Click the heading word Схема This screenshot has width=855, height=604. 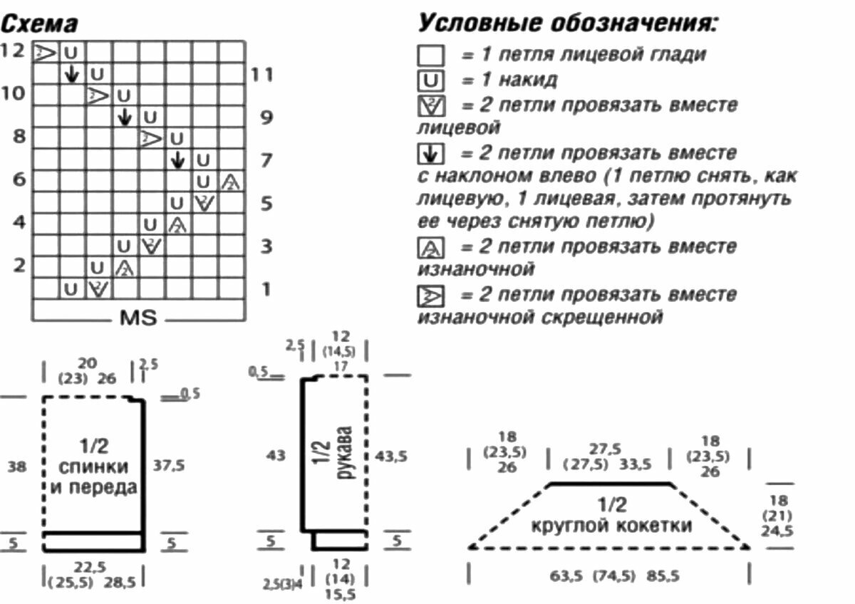(39, 24)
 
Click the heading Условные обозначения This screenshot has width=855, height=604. (567, 23)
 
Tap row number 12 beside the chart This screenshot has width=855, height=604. (12, 51)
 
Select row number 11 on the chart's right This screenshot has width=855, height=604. (262, 73)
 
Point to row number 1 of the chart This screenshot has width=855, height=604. (265, 289)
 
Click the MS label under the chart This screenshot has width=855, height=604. (138, 317)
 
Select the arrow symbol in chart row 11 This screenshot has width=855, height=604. (71, 73)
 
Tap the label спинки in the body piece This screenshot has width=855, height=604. (94, 468)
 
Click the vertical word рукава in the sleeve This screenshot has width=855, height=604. (344, 453)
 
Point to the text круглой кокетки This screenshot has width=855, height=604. (611, 526)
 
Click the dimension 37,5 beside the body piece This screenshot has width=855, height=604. (169, 465)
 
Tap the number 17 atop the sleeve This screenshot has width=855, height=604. (340, 366)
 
